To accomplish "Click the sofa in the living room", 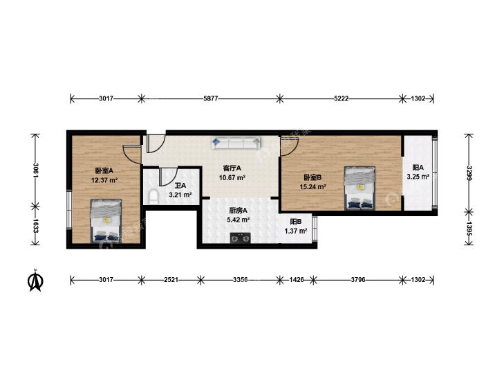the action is click(x=236, y=143).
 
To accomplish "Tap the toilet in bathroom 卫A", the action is click(x=154, y=197).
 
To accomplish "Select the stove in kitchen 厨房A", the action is click(x=240, y=238).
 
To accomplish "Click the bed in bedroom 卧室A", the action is click(x=106, y=221).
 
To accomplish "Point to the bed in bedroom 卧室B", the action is click(x=360, y=188).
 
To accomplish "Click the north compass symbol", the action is click(x=36, y=280).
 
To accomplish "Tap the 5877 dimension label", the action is click(x=211, y=98).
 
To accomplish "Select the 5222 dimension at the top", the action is click(x=341, y=98).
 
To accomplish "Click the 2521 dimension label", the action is click(x=171, y=280).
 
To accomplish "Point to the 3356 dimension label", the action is click(x=240, y=280).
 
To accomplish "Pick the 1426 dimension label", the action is click(x=297, y=280).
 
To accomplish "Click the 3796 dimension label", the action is click(x=357, y=280).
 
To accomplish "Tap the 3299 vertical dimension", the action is click(x=469, y=173).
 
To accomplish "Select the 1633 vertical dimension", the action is click(x=36, y=226).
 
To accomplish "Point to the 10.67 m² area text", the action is click(x=232, y=177).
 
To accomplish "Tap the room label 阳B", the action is click(x=296, y=222).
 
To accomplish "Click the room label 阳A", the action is click(x=418, y=168).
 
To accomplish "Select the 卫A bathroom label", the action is click(x=180, y=186).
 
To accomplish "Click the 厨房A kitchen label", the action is click(x=239, y=211).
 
